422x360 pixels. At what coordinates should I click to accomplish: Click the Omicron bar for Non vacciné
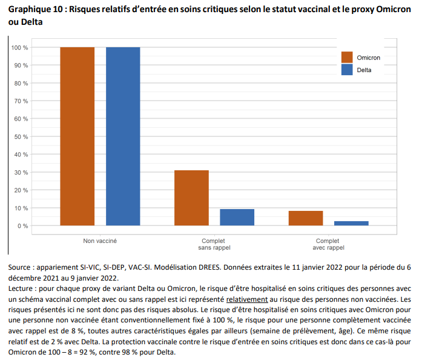[x=77, y=136]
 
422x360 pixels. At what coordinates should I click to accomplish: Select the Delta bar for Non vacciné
[x=123, y=136]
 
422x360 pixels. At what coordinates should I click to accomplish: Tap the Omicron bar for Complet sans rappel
[x=191, y=198]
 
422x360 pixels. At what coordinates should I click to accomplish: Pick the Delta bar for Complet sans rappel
[x=237, y=217]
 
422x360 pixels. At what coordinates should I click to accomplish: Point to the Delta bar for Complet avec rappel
[x=351, y=223]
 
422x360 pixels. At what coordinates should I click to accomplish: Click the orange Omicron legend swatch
[x=347, y=57]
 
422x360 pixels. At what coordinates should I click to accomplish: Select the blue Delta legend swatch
[x=347, y=70]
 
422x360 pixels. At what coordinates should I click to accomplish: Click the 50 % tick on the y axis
[x=21, y=136]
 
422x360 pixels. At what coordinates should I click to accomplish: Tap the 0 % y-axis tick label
[x=22, y=226]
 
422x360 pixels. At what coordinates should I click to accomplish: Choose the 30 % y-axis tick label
[x=21, y=172]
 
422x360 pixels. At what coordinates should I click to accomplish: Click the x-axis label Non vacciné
[x=100, y=241]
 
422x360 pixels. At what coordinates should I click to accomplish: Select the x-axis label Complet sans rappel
[x=214, y=244]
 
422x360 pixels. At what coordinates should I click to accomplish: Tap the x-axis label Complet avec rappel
[x=328, y=244]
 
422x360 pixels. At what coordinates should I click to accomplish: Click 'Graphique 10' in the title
[x=33, y=10]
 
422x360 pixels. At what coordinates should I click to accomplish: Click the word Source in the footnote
[x=21, y=267]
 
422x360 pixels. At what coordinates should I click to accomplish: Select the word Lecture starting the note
[x=22, y=288]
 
